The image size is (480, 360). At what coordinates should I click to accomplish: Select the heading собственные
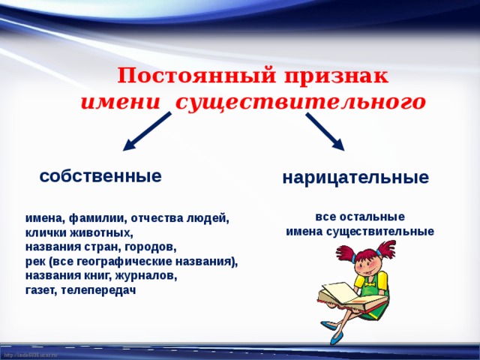coord(100,176)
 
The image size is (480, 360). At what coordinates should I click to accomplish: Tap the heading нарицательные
coord(355,178)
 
